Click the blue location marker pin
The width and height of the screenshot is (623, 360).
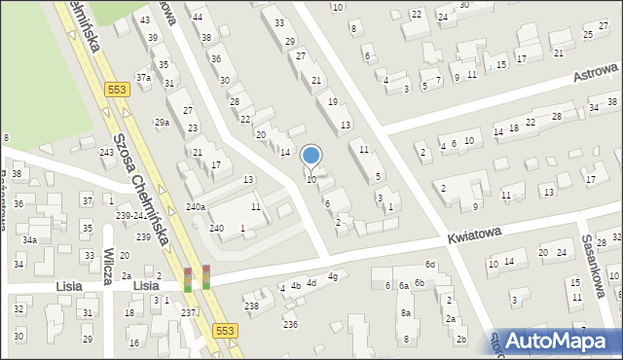[311, 156]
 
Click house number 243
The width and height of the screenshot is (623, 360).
[107, 153]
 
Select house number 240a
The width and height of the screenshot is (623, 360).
[196, 206]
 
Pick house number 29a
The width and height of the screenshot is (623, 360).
[162, 123]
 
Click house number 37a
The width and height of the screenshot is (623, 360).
[142, 76]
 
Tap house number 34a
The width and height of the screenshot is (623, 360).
[30, 239]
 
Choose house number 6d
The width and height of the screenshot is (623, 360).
[429, 265]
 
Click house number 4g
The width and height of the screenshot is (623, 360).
[332, 277]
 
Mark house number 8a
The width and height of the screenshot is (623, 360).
[405, 313]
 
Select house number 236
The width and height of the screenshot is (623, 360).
[290, 324]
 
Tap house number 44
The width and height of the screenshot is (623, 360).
[198, 18]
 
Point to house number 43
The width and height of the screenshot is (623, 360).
[145, 19]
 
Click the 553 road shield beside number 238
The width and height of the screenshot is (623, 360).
[224, 331]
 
